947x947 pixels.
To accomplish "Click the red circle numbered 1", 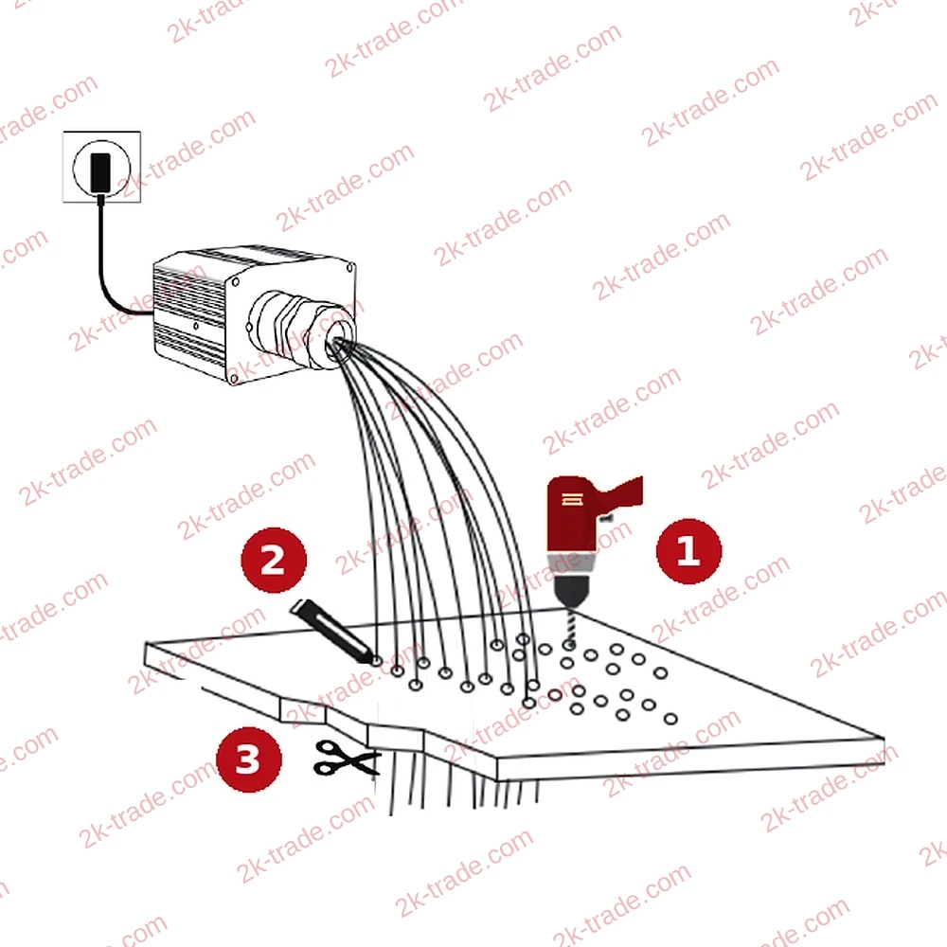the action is [688, 551].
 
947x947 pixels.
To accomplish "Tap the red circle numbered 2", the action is [274, 560].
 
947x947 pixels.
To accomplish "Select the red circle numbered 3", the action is [249, 759].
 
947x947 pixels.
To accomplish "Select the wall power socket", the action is [101, 167].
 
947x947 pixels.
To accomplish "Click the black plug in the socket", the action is [99, 171].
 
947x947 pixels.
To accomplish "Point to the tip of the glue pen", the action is [375, 662].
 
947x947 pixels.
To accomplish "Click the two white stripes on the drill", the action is [572, 499].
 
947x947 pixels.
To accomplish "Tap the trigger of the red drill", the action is [606, 518].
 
